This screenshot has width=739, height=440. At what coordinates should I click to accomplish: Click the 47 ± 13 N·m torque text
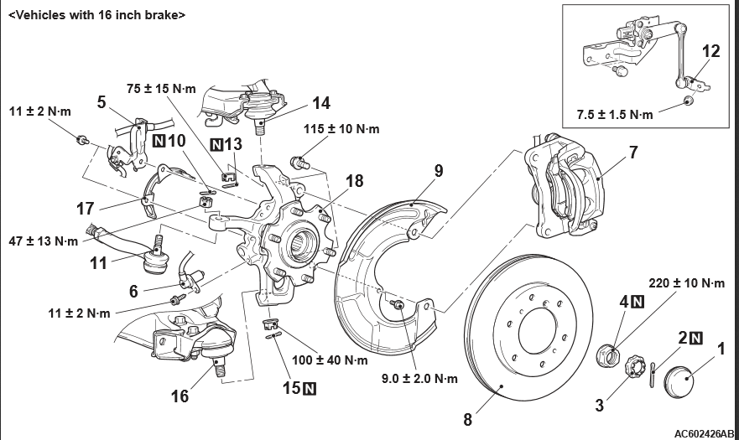click(43, 241)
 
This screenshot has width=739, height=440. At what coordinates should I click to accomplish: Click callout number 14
click(320, 103)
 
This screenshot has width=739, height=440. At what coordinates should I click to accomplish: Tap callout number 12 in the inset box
click(710, 50)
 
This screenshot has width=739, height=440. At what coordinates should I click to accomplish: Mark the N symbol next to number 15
click(310, 388)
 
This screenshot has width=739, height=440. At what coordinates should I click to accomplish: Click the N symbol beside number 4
click(638, 302)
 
